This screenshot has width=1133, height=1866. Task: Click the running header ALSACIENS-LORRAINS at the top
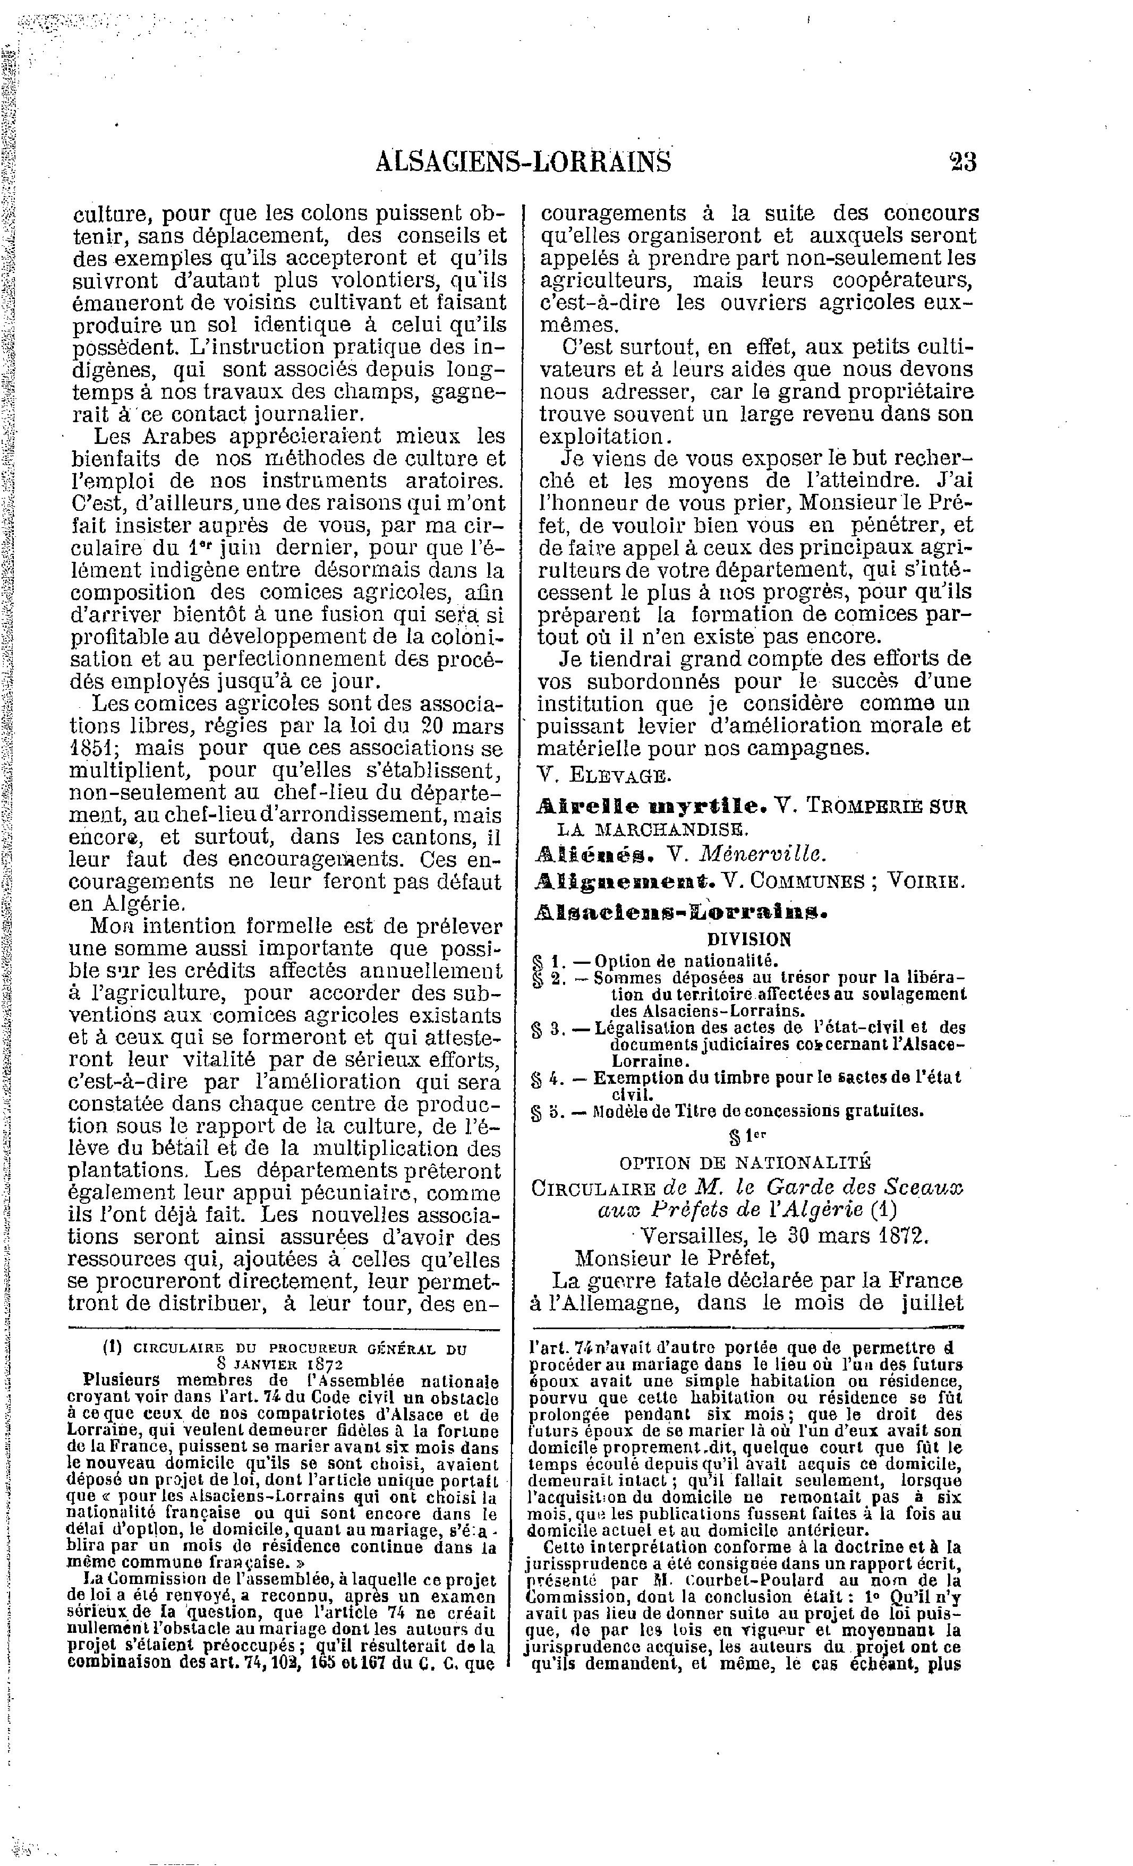tap(523, 161)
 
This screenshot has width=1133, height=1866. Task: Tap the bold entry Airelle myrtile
tap(651, 806)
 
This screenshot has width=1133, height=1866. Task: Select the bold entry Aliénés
tap(593, 853)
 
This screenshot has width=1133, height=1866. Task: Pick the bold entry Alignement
tap(624, 881)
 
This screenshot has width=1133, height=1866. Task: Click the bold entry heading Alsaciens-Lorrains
tap(679, 912)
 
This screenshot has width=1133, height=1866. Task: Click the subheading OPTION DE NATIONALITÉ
tap(745, 1162)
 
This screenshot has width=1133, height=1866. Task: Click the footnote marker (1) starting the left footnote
tap(113, 1349)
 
